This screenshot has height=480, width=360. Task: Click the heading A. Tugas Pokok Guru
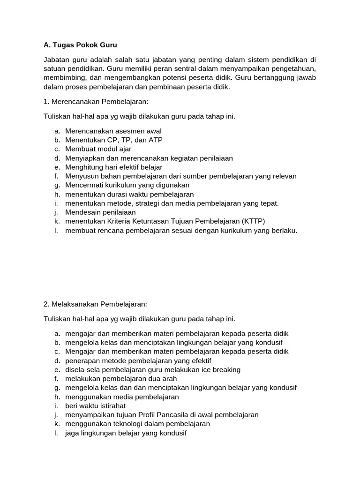click(x=80, y=45)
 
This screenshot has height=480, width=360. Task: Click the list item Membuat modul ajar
click(x=98, y=149)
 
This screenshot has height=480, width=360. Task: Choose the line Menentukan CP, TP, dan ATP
click(x=114, y=140)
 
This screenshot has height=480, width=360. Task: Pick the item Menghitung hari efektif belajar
click(x=114, y=167)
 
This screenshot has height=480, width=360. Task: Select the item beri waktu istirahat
click(x=95, y=406)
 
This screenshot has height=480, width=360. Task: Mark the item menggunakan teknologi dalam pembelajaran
click(x=137, y=424)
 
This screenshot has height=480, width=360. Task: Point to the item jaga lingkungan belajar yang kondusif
click(x=126, y=433)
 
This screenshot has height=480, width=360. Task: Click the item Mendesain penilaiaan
click(x=97, y=212)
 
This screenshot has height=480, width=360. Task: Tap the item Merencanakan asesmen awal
click(x=113, y=131)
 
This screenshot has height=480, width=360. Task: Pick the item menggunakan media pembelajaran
click(x=122, y=397)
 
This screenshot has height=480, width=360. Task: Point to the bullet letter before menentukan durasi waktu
click(x=56, y=194)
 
